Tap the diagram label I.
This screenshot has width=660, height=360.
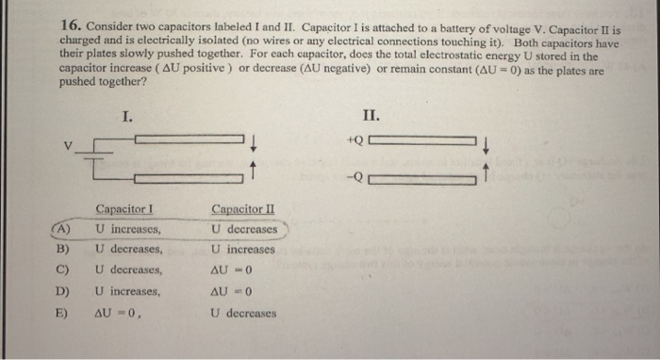click(x=128, y=117)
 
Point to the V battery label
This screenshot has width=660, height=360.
click(x=67, y=146)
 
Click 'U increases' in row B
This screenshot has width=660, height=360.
click(x=243, y=250)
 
